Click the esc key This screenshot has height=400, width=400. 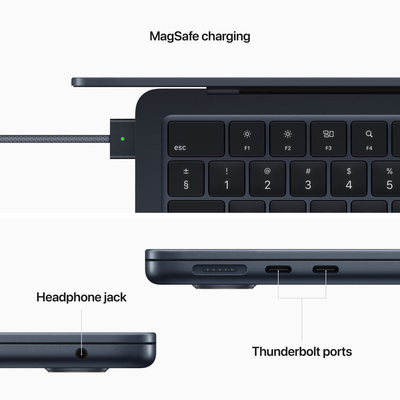tap(196, 139)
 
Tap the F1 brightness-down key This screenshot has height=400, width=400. tap(247, 139)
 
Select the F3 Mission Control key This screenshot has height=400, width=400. tap(329, 139)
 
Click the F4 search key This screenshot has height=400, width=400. tap(369, 139)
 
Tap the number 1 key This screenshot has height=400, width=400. tap(226, 179)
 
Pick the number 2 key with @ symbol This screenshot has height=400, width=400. tap(267, 179)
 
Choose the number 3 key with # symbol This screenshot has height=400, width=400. tap(308, 179)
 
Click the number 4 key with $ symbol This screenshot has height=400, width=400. tap(348, 179)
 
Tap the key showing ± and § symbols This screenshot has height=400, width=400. tap(186, 179)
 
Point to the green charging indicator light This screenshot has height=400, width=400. tap(122, 139)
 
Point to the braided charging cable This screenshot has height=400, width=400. tap(53, 139)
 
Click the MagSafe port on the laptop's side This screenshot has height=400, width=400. tap(220, 269)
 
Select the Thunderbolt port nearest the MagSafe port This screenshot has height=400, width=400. tap(278, 269)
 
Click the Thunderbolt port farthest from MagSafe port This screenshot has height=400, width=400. tap(326, 269)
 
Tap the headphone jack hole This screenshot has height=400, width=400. tap(81, 353)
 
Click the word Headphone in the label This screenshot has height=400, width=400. tap(66, 297)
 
